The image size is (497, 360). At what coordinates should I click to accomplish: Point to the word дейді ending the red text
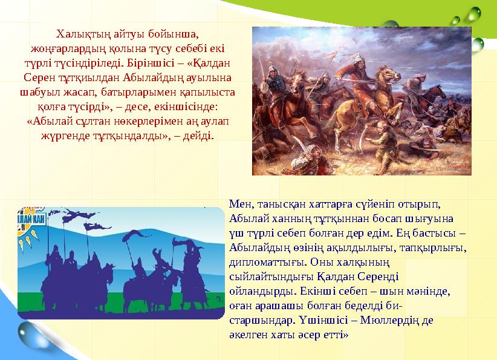coord(199,136)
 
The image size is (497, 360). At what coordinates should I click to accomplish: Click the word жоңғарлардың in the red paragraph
coord(66,48)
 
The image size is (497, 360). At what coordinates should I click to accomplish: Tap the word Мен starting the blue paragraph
coord(240,203)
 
